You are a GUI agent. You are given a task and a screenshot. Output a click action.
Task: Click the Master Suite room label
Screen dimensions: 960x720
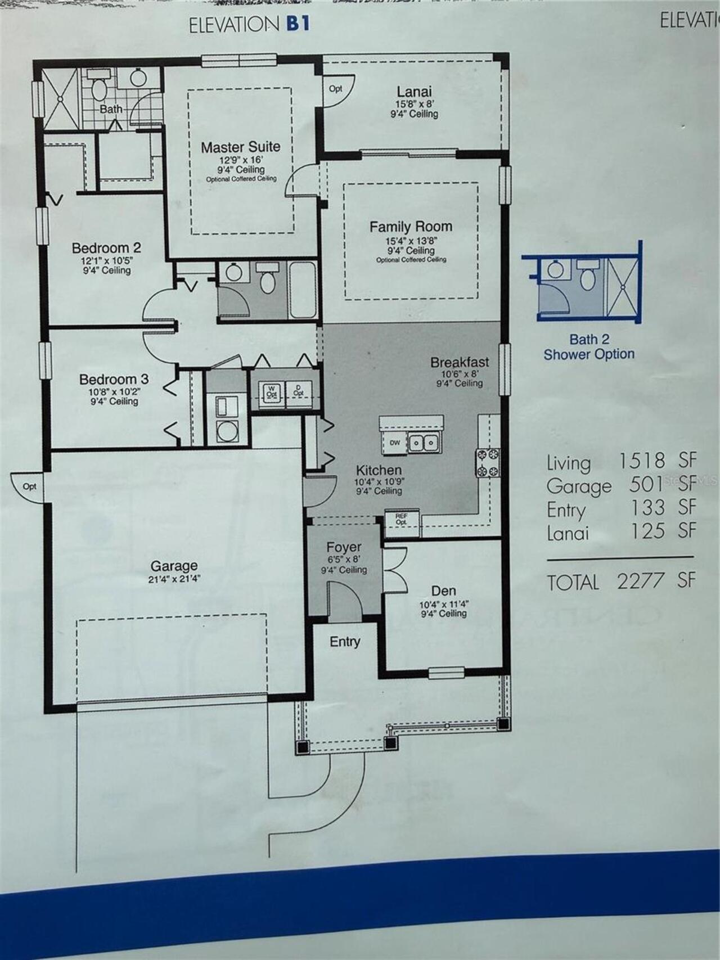pyautogui.click(x=241, y=147)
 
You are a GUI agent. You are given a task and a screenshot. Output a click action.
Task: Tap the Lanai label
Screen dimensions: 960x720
pyautogui.click(x=414, y=92)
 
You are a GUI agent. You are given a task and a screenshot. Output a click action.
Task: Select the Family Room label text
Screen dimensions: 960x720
pyautogui.click(x=411, y=227)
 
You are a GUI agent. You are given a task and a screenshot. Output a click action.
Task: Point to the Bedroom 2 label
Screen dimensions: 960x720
pyautogui.click(x=106, y=248)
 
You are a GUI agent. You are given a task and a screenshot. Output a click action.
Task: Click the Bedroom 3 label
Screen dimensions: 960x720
pyautogui.click(x=114, y=380)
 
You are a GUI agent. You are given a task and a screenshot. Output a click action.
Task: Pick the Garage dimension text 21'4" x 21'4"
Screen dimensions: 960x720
pyautogui.click(x=174, y=579)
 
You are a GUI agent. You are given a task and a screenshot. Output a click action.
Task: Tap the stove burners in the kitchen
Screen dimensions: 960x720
pyautogui.click(x=488, y=462)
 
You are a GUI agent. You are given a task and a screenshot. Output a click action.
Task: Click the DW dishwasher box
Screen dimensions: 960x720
pyautogui.click(x=395, y=443)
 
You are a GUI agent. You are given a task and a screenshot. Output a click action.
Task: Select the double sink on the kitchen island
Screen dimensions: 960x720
pyautogui.click(x=424, y=443)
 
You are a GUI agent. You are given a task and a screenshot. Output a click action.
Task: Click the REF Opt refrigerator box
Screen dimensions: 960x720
pyautogui.click(x=401, y=519)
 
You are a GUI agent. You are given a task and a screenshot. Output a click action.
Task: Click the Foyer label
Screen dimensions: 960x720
pyautogui.click(x=344, y=547)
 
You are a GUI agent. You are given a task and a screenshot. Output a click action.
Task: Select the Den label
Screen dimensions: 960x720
pyautogui.click(x=443, y=591)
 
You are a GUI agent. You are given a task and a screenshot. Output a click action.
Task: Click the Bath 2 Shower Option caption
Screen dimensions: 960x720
pyautogui.click(x=589, y=347)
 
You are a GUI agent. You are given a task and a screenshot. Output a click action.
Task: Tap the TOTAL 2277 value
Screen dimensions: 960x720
pyautogui.click(x=641, y=580)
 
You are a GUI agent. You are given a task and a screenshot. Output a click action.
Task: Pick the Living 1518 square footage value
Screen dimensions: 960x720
pyautogui.click(x=642, y=461)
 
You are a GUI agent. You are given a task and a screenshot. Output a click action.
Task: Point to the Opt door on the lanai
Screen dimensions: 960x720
pyautogui.click(x=336, y=89)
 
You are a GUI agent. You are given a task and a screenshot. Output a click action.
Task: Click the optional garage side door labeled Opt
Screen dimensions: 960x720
pyautogui.click(x=30, y=486)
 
